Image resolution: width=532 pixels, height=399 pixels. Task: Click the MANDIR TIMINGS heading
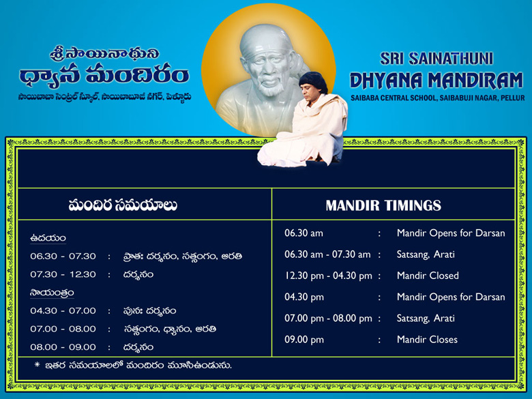click(x=383, y=205)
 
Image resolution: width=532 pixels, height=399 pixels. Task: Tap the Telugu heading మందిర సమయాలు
click(x=123, y=205)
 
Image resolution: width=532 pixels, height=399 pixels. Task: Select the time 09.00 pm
click(x=304, y=340)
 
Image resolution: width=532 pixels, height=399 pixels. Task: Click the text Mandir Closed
click(x=428, y=276)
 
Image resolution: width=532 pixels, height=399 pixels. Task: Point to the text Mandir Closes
click(x=427, y=340)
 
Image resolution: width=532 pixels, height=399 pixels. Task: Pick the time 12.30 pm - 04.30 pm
click(x=328, y=276)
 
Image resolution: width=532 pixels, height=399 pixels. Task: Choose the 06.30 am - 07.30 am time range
click(x=327, y=254)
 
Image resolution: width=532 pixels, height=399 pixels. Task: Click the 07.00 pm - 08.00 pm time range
click(x=328, y=319)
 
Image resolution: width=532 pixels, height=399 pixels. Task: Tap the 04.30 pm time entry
click(x=304, y=297)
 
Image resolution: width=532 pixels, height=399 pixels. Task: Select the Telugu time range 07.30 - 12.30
click(x=63, y=274)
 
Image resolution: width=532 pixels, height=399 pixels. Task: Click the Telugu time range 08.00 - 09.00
click(x=63, y=347)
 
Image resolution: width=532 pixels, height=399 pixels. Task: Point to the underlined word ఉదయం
click(x=48, y=239)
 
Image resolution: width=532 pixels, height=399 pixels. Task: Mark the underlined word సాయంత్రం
click(x=52, y=293)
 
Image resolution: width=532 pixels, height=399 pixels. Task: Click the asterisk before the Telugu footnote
click(x=38, y=365)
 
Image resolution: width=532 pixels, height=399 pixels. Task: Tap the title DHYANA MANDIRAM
click(x=437, y=80)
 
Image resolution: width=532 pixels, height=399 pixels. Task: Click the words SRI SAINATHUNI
click(x=437, y=59)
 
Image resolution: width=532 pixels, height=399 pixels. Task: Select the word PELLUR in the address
click(x=513, y=98)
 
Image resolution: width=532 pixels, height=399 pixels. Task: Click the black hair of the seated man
click(x=313, y=81)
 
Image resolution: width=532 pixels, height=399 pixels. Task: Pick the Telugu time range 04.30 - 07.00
click(x=63, y=311)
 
